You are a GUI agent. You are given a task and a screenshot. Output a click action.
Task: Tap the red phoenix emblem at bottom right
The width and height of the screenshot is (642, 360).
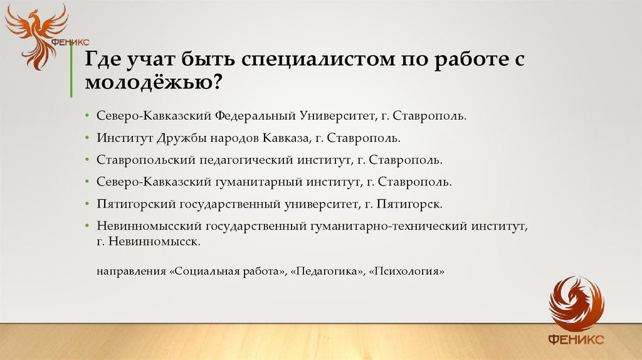pyautogui.click(x=576, y=304)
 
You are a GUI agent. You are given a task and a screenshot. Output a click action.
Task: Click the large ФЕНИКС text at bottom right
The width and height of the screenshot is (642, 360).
pyautogui.click(x=576, y=339)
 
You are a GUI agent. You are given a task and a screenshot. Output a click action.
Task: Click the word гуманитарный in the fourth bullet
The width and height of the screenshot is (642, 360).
pyautogui.click(x=259, y=182)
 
